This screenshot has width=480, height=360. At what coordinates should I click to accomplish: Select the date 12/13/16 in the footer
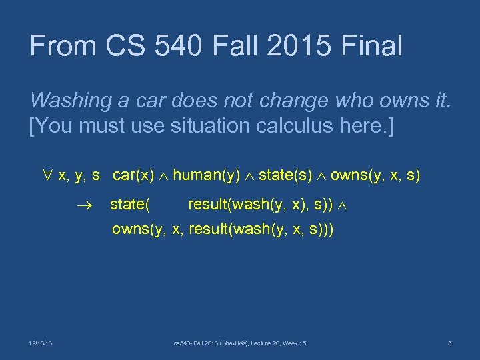click(x=41, y=343)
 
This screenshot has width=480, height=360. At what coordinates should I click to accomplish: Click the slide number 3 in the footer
click(x=449, y=343)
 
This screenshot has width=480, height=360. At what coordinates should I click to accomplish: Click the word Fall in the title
click(x=243, y=46)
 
